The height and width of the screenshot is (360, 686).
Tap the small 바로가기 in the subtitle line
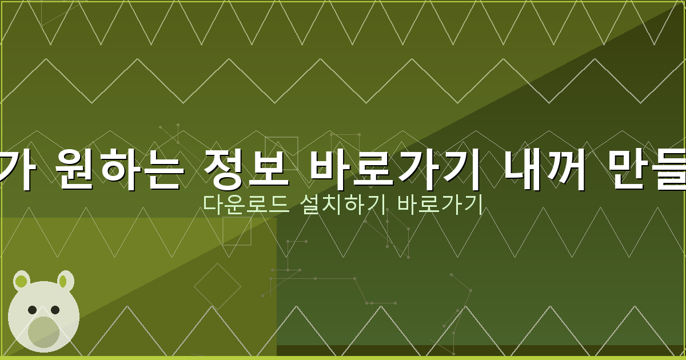[440, 205]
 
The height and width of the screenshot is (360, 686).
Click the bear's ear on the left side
[22, 280]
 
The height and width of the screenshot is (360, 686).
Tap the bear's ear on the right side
[66, 280]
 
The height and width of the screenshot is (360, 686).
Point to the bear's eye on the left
[33, 310]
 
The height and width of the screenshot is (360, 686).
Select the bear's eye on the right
[55, 310]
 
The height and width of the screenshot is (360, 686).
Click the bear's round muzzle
[43, 331]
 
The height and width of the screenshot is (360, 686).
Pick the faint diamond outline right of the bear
[217, 286]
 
